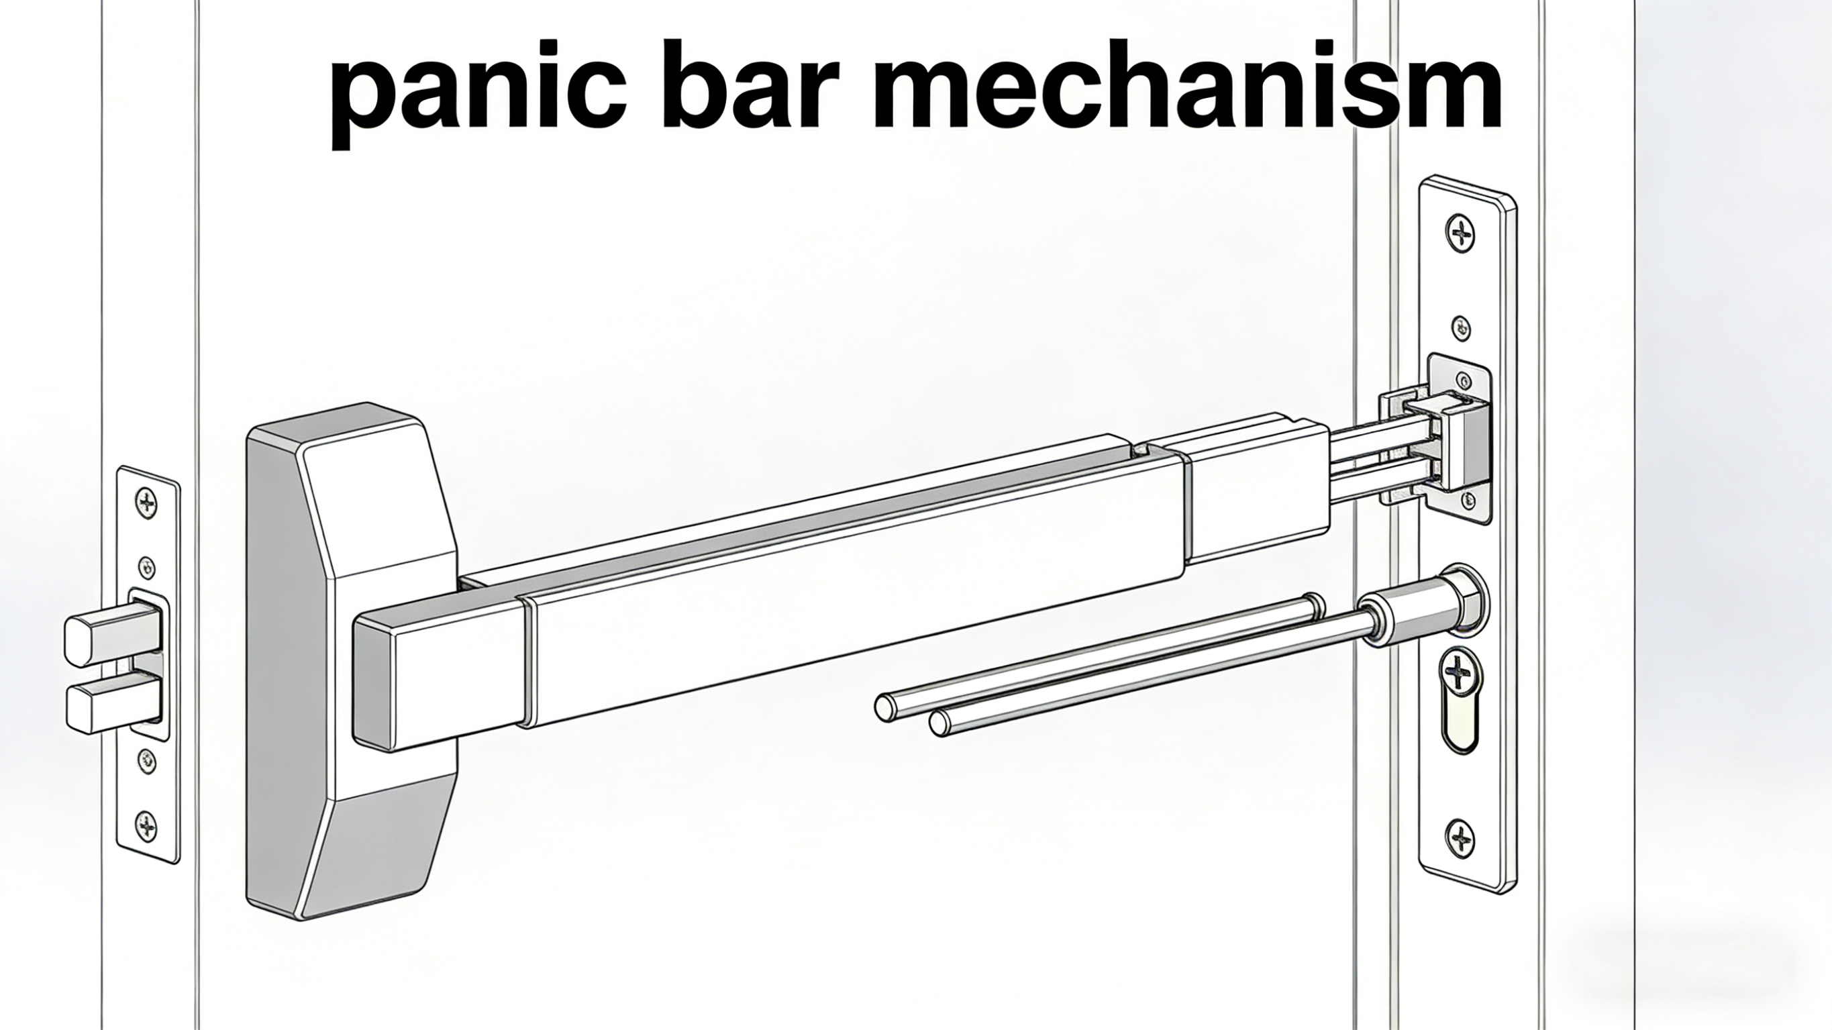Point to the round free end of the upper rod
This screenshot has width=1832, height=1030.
(886, 707)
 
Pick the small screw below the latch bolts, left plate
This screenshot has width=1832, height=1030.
(147, 760)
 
